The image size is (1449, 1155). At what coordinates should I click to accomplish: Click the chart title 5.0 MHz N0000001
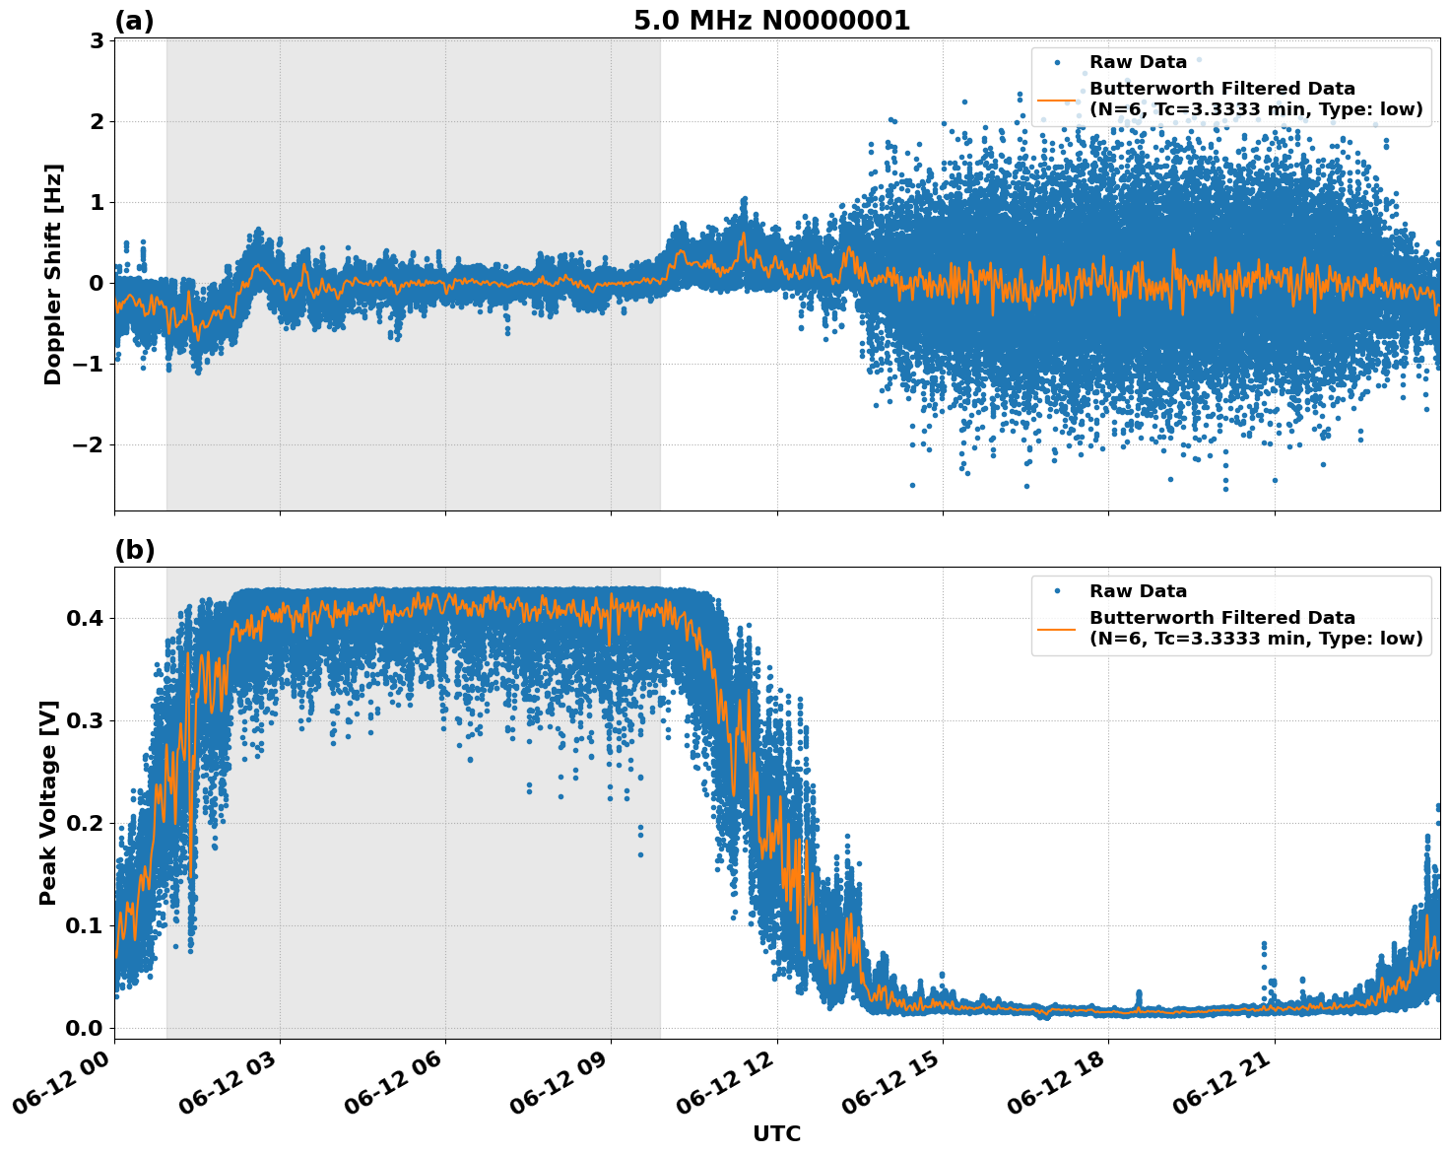tap(771, 21)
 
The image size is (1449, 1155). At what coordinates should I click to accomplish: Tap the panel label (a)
tap(134, 21)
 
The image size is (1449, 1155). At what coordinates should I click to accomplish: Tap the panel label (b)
tap(134, 550)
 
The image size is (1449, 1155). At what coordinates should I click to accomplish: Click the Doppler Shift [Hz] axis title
tap(53, 274)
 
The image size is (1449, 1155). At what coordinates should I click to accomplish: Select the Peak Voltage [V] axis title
tap(48, 802)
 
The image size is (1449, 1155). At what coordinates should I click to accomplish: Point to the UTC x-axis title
tap(776, 1133)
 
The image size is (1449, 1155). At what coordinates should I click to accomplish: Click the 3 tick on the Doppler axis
tap(97, 40)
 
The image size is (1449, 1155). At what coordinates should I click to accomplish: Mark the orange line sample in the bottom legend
tap(1058, 628)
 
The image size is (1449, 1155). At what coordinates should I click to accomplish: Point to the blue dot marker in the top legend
tap(1058, 62)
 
